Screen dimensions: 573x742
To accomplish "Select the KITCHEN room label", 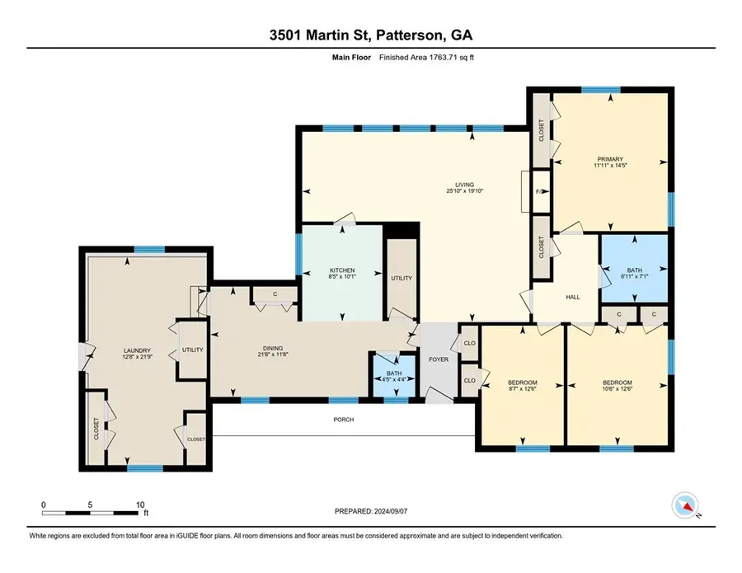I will tap(342, 270).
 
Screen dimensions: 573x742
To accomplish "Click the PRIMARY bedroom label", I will tap(610, 159).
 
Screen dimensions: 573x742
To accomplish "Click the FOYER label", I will tap(437, 360).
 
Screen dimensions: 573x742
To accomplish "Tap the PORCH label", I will tap(343, 420).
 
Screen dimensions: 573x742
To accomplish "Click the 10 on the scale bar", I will tap(141, 505).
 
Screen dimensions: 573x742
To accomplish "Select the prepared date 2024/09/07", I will tap(370, 511).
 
